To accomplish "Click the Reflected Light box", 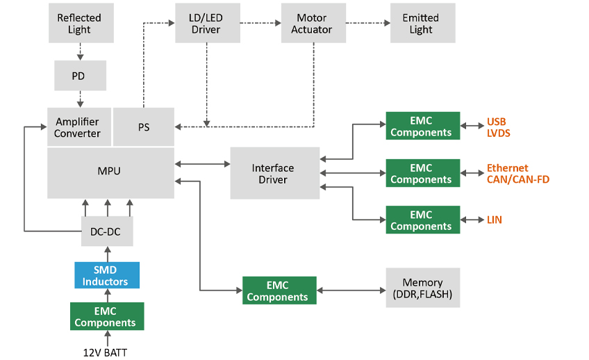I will pos(79,23).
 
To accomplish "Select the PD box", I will pos(80,76).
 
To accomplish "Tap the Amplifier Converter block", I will pos(78,127).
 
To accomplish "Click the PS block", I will pos(143,127).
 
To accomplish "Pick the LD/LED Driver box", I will pos(206,23).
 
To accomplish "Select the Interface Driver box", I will pos(273,173).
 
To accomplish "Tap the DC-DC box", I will pos(106,231).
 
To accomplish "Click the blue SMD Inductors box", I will pos(106,275).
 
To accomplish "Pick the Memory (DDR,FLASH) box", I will pos(422,288).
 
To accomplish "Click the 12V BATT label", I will pos(105,352).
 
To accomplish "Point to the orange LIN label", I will pos(494,220).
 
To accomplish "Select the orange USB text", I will pos(497,121).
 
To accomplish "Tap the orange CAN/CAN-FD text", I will pos(517,179).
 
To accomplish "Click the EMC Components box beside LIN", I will pos(422,220).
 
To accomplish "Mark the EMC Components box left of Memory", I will pos(279,291).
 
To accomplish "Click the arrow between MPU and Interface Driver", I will pos(202,165).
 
